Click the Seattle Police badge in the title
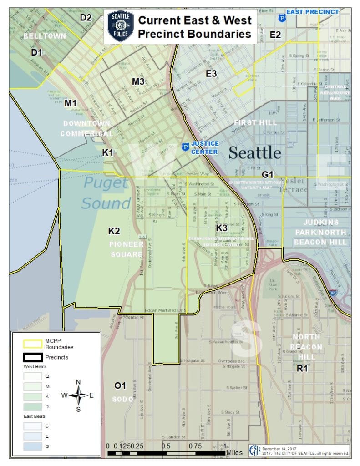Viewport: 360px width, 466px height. pyautogui.click(x=120, y=26)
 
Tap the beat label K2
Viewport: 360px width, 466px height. pyautogui.click(x=114, y=231)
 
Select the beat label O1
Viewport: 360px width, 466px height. pyautogui.click(x=120, y=386)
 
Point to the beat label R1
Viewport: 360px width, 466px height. pyautogui.click(x=302, y=369)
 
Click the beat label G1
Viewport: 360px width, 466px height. pyautogui.click(x=267, y=174)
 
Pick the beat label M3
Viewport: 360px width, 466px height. pyautogui.click(x=138, y=81)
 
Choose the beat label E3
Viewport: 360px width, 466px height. pyautogui.click(x=211, y=74)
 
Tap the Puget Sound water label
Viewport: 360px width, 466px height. pyautogui.click(x=106, y=193)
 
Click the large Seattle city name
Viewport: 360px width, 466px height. pyautogui.click(x=254, y=153)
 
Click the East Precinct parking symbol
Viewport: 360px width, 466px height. pyautogui.click(x=282, y=18)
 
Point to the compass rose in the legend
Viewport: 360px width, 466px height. pyautogui.click(x=79, y=395)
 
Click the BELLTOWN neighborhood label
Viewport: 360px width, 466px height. pyautogui.click(x=45, y=35)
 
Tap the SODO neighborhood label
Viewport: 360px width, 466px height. pyautogui.click(x=123, y=399)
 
